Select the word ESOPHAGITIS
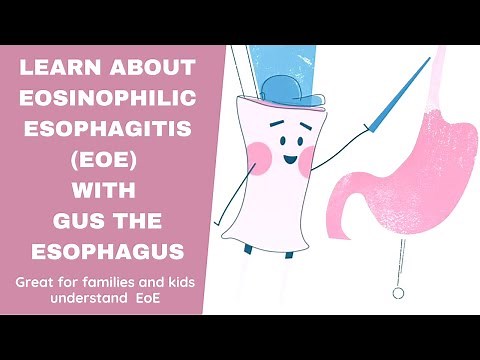[106, 131]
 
